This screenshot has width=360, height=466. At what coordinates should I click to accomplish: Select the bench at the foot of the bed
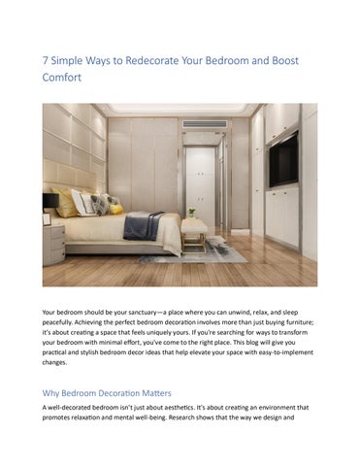(x=194, y=232)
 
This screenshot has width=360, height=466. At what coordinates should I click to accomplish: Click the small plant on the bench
(x=191, y=212)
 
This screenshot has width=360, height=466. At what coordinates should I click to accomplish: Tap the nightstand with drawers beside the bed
(x=53, y=243)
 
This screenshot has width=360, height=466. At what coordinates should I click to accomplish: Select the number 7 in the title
(x=46, y=60)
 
